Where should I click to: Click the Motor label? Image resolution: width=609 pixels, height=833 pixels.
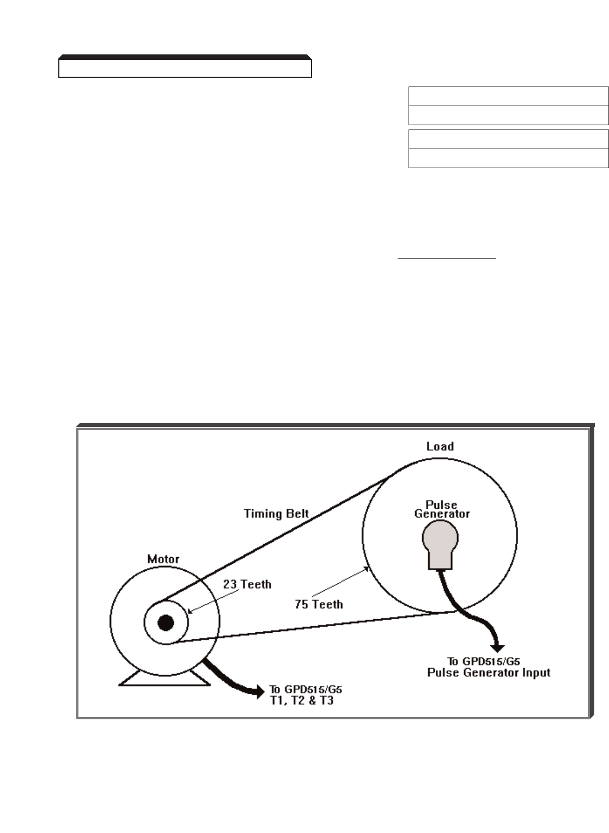pos(163,559)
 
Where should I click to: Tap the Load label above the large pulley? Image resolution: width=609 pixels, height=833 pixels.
pos(440,446)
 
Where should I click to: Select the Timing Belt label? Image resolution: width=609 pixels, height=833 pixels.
pos(276,513)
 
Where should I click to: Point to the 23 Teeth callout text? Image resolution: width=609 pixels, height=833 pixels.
pos(247,584)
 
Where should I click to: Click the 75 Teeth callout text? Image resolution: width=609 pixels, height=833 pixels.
pos(319,604)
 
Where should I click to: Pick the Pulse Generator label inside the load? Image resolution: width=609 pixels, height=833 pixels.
pos(442,509)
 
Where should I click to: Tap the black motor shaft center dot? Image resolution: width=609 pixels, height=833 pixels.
pos(166,622)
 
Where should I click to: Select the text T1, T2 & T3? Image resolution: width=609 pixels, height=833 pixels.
pos(302,701)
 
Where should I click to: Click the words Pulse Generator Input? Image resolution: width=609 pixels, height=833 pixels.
pos(489,672)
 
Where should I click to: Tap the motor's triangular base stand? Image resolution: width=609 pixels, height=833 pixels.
pos(165,677)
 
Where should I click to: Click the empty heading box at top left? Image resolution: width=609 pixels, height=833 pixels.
pos(185,68)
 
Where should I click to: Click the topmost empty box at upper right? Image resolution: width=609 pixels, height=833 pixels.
pos(508,96)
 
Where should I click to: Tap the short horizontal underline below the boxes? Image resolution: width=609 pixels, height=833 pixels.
pos(447,259)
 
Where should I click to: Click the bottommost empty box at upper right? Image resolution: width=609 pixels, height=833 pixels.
pos(508,158)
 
